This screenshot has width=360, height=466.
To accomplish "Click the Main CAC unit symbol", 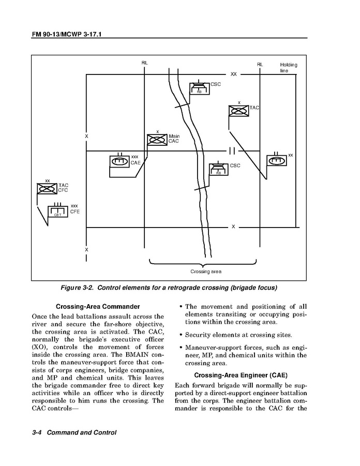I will (x=157, y=140).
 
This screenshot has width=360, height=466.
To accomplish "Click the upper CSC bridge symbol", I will (x=199, y=88).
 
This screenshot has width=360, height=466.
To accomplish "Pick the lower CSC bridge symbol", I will (x=219, y=170).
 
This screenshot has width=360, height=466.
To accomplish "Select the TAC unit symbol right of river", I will (x=239, y=111).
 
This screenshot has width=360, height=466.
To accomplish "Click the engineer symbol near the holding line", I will (x=277, y=160).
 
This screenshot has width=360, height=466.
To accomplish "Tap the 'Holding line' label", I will (x=289, y=67).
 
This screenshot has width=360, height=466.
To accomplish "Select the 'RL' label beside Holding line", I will (x=260, y=65).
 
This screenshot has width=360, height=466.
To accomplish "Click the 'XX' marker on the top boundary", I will (x=233, y=74).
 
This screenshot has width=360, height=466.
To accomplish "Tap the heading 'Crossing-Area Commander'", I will (x=98, y=306).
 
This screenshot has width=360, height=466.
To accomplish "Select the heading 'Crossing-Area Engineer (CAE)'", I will (x=240, y=374).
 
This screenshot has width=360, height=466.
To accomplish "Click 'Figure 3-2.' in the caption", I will (x=78, y=287).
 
